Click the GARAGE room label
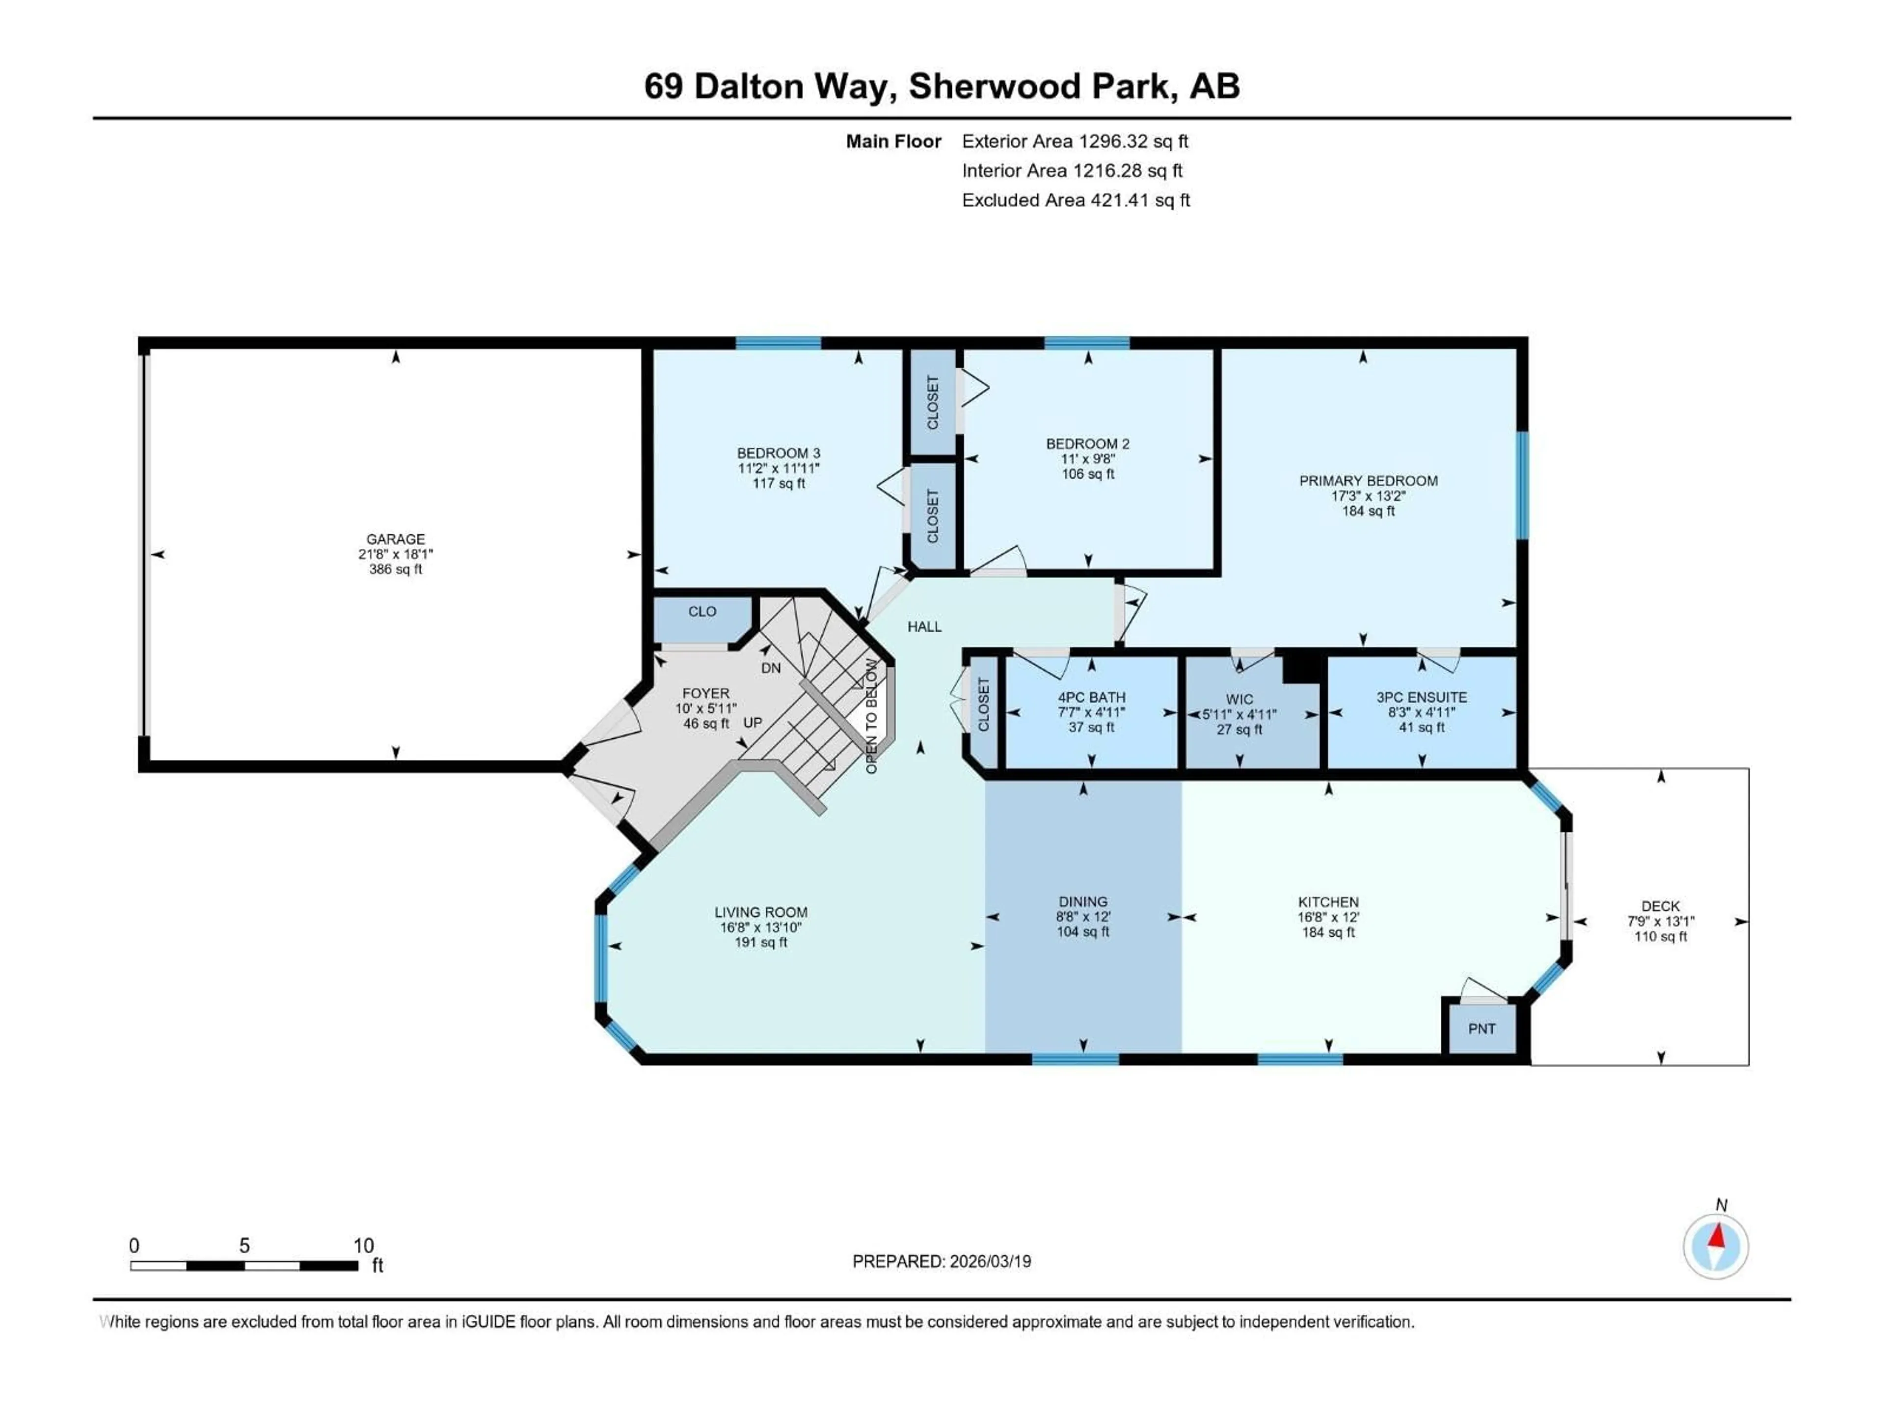tap(395, 539)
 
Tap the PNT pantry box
tap(1482, 1029)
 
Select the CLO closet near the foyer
tap(702, 612)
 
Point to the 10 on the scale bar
tap(364, 1245)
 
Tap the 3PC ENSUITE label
tap(1422, 697)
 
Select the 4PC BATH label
tap(1092, 697)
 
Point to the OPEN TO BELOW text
tap(871, 716)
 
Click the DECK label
tap(1660, 906)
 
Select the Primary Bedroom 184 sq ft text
tap(1369, 512)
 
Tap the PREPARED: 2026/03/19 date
tap(942, 1261)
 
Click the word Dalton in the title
tap(748, 86)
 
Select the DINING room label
tap(1083, 902)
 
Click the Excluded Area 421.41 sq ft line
tap(1076, 200)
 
